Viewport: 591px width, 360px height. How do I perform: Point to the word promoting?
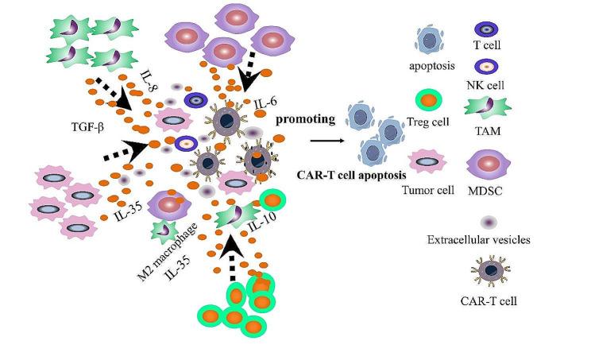coord(305,119)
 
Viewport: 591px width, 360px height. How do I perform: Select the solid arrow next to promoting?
coord(326,141)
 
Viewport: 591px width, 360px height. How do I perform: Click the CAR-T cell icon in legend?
coord(485,274)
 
